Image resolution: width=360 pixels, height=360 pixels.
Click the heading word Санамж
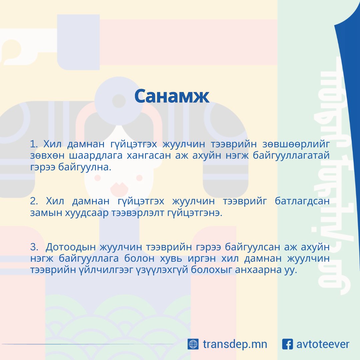(172, 96)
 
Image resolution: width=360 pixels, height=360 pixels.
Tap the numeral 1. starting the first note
(34, 144)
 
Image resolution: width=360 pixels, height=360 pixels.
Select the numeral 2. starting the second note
(34, 201)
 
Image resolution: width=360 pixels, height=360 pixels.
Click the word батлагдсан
(302, 201)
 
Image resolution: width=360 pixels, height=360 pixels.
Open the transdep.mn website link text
(235, 344)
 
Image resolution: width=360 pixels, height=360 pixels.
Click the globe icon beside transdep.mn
(193, 344)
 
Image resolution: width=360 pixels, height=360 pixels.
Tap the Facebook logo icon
(287, 344)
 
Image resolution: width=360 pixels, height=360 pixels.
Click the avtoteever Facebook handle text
(323, 344)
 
